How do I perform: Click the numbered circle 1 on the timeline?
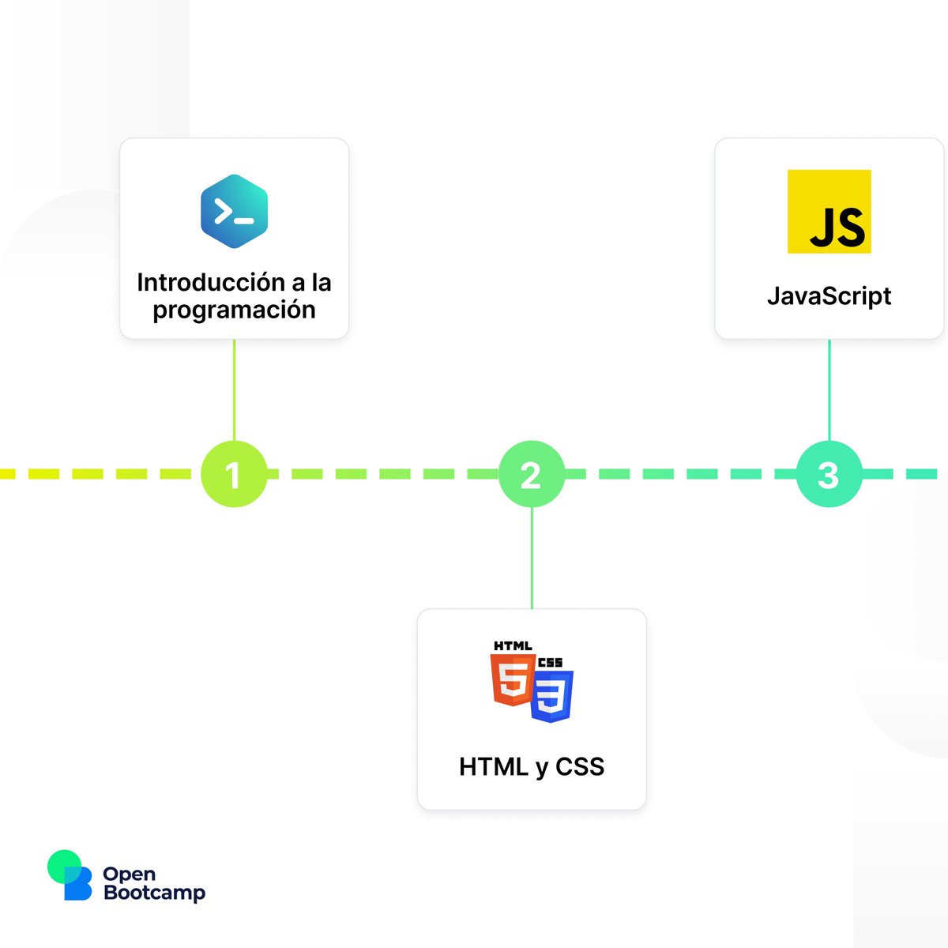234,474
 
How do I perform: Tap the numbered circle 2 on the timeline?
531,474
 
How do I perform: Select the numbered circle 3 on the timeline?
829,474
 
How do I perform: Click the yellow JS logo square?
829,212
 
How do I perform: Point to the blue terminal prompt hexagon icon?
234,212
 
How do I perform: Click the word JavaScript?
829,296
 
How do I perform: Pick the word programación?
234,310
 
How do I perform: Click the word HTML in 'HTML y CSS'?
494,766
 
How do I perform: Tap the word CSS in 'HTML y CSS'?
580,766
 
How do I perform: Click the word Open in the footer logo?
130,874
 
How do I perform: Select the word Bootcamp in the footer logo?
154,893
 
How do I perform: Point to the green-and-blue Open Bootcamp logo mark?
70,875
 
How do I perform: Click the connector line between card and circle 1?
234,391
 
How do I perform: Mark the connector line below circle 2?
532,558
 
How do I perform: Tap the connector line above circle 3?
829,391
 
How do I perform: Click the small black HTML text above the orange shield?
513,646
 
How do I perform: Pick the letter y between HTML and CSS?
540,768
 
